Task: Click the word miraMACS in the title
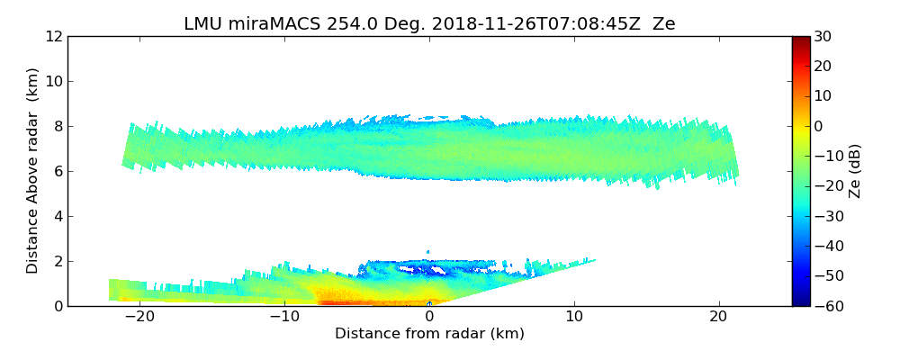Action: click(x=270, y=24)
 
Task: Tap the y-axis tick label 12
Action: click(x=54, y=36)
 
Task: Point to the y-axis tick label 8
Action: click(x=58, y=126)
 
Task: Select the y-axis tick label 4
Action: click(x=58, y=216)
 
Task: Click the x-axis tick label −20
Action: click(x=139, y=318)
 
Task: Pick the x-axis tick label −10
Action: click(x=284, y=318)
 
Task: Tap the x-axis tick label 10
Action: click(x=574, y=318)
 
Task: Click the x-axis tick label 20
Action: click(x=718, y=318)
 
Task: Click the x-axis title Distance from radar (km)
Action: click(x=429, y=334)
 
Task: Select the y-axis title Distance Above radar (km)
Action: click(x=32, y=171)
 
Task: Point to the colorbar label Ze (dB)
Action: click(x=855, y=171)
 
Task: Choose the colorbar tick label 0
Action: click(x=819, y=126)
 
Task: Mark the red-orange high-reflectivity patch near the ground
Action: click(x=351, y=301)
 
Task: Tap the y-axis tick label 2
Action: click(x=58, y=261)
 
